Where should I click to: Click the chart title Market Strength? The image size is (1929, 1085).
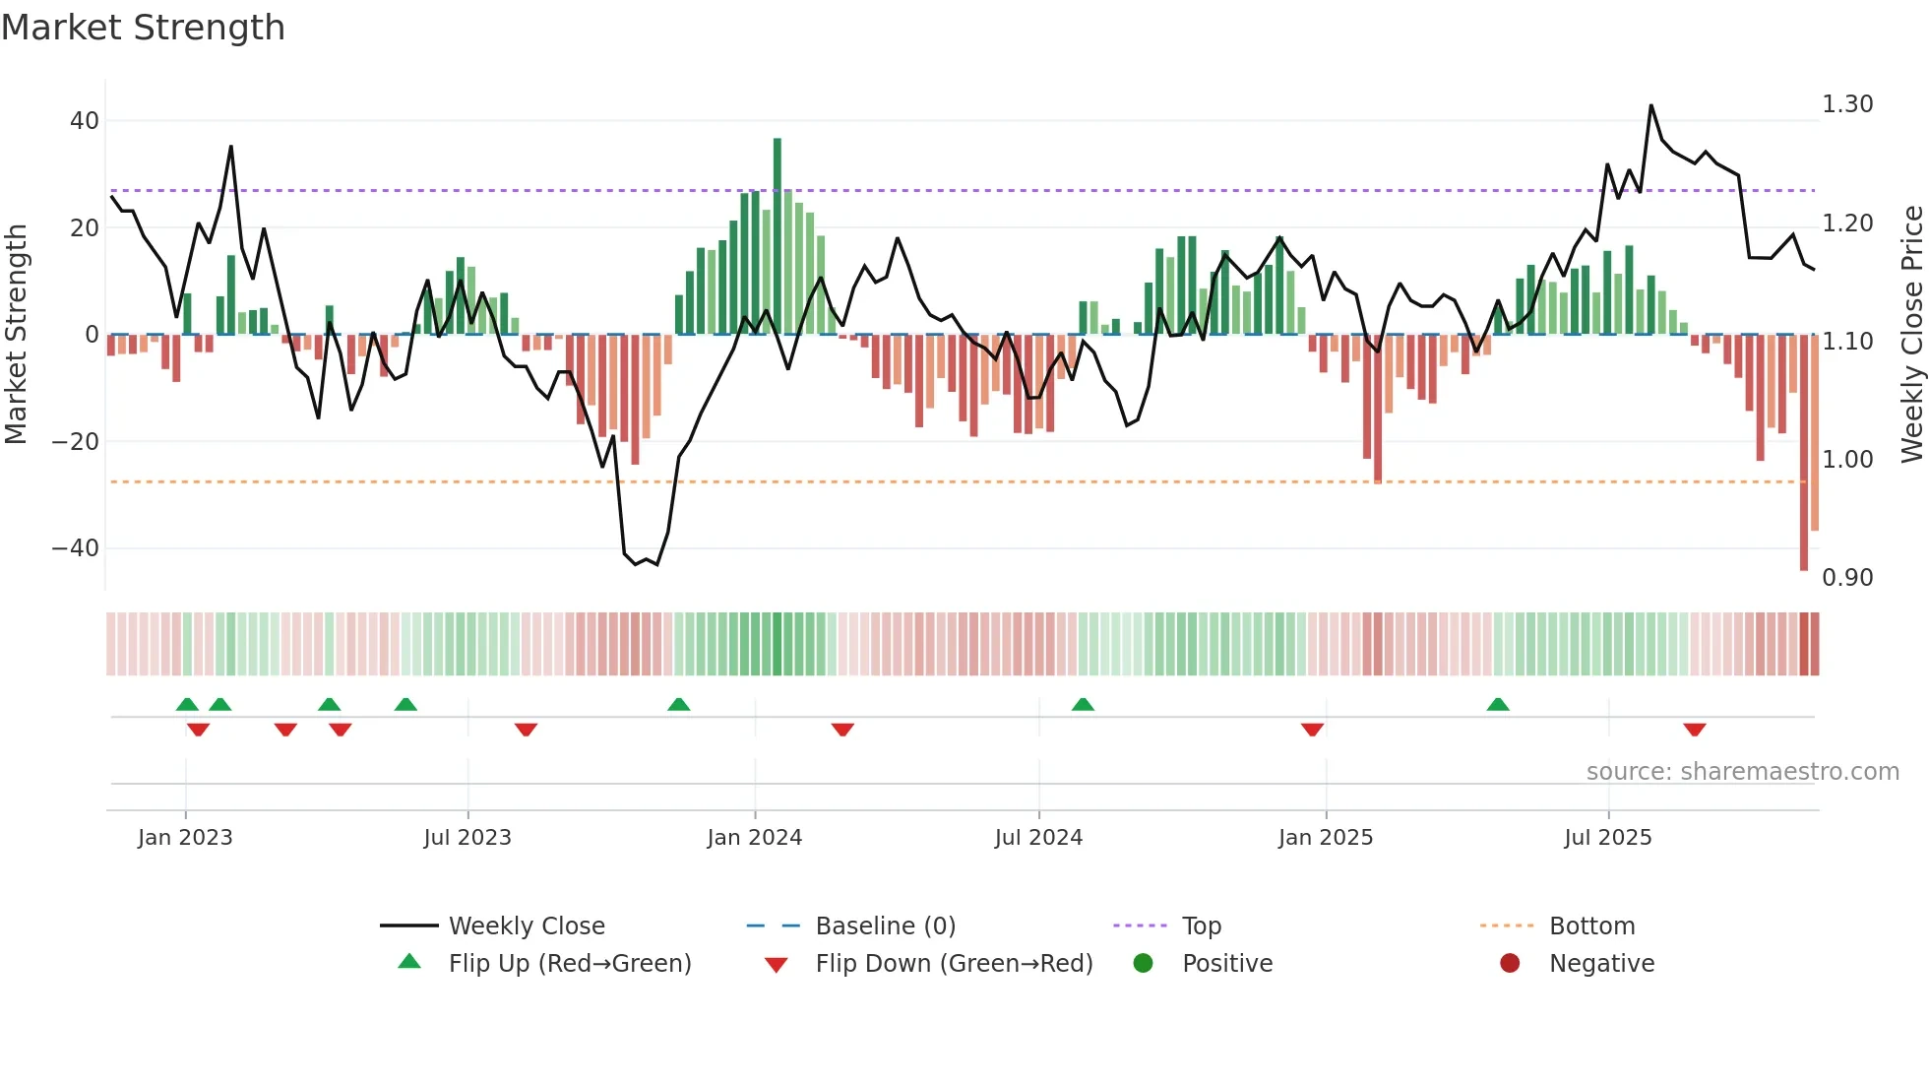(143, 28)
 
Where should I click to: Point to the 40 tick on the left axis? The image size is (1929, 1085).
(85, 121)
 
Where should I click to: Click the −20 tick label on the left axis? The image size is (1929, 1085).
(76, 442)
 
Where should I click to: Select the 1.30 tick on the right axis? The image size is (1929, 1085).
(1847, 104)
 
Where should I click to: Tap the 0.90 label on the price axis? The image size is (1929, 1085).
(1847, 578)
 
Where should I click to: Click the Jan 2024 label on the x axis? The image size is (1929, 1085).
(754, 838)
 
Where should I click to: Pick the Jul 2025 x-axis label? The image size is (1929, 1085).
(1607, 838)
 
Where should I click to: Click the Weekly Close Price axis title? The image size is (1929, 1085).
(1911, 335)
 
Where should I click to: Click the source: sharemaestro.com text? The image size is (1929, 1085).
(1742, 772)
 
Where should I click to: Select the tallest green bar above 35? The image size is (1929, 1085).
(778, 236)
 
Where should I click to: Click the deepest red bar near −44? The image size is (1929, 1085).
(1804, 453)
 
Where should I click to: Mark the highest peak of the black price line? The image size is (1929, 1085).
(1650, 106)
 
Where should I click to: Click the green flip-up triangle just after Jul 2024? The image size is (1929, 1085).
(1083, 705)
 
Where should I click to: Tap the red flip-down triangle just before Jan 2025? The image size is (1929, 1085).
(1312, 730)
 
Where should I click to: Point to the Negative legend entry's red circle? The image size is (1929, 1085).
(1510, 964)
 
